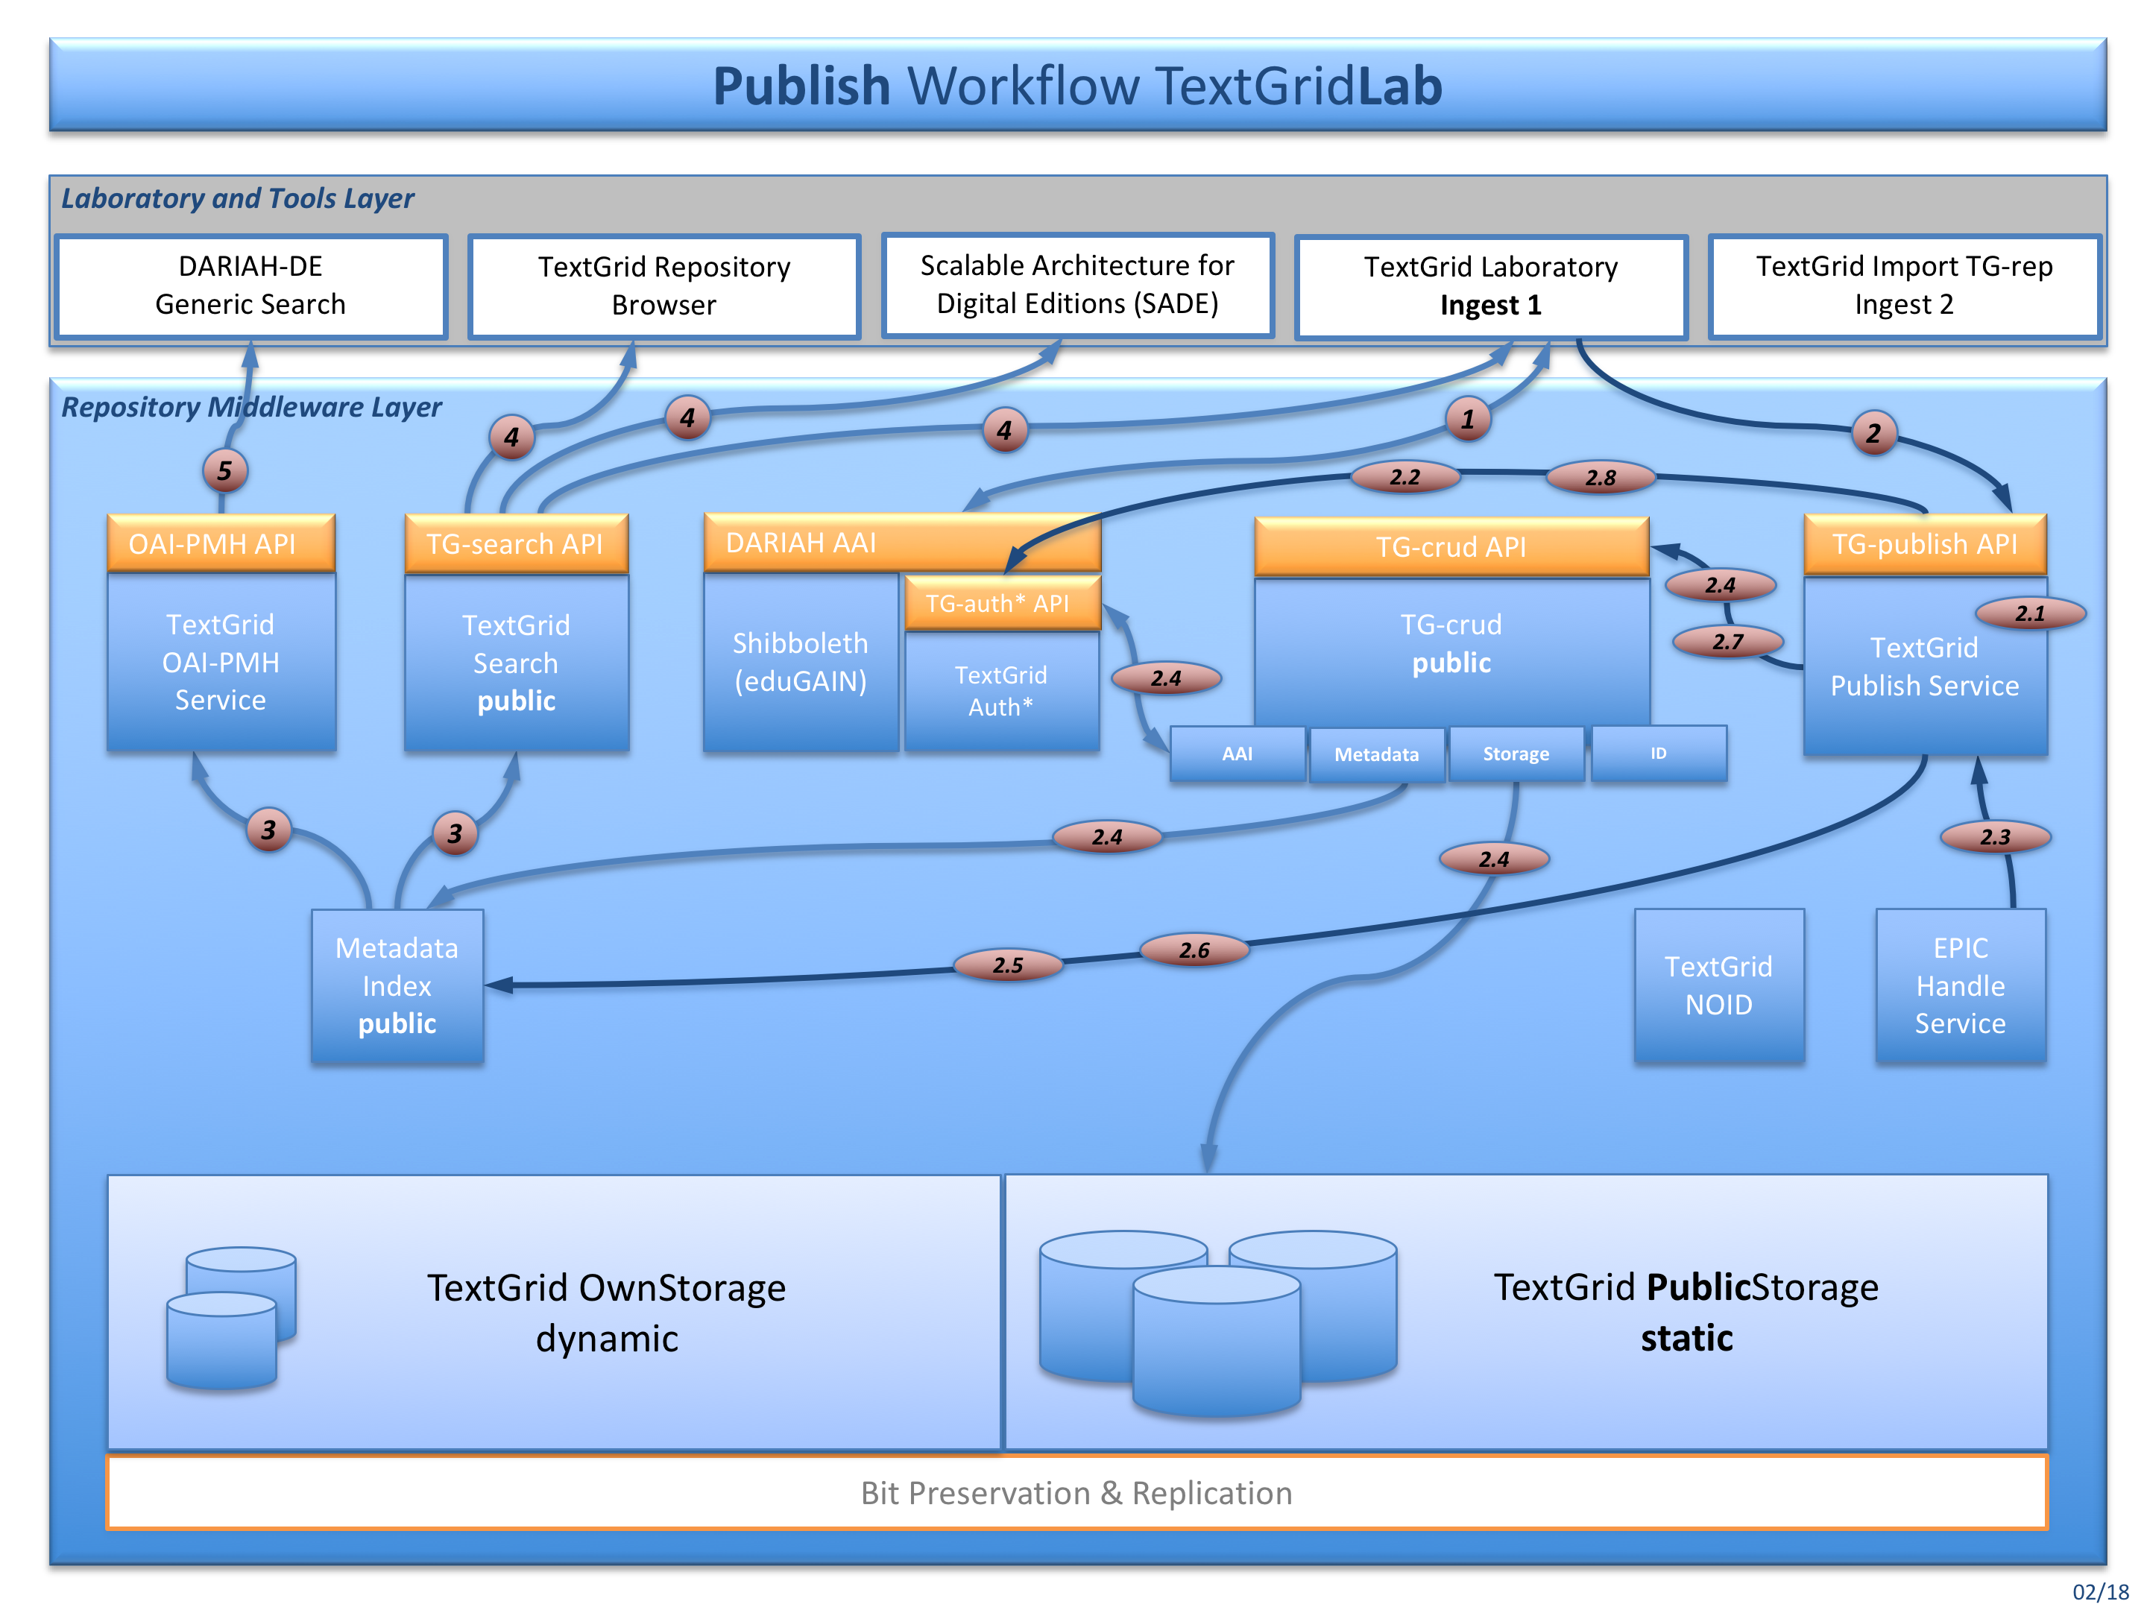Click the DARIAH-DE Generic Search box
coord(250,285)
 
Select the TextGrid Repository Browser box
coord(664,285)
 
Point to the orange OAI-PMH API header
coord(221,543)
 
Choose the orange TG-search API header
coord(515,544)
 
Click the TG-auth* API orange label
coord(1000,604)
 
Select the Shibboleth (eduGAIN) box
coord(800,662)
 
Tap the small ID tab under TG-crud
coord(1659,753)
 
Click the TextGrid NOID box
coord(1718,985)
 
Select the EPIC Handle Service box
coord(1960,985)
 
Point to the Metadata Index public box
coord(397,985)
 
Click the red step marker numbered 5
coord(224,470)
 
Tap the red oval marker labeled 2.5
coord(1007,965)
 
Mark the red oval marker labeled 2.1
coord(2029,613)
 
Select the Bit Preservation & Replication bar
coord(1076,1491)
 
